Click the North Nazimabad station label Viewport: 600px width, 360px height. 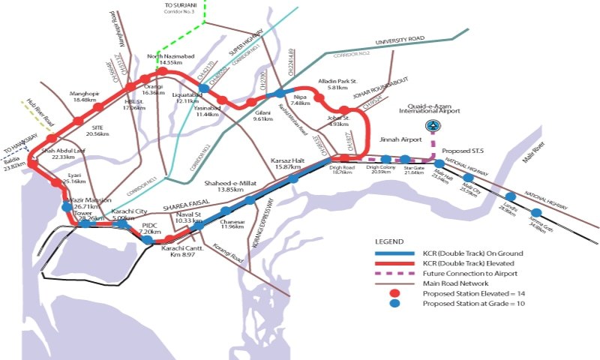pyautogui.click(x=166, y=59)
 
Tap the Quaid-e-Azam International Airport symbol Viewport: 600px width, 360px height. pyautogui.click(x=432, y=125)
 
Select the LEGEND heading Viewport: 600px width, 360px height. pyautogui.click(x=390, y=243)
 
